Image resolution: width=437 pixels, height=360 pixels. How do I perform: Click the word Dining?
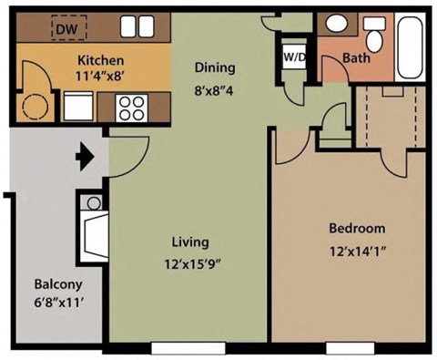(x=214, y=67)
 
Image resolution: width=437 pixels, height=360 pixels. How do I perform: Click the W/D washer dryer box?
(x=293, y=57)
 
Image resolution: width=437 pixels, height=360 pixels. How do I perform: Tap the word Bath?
(x=355, y=60)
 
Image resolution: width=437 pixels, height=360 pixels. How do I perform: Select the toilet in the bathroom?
(x=374, y=35)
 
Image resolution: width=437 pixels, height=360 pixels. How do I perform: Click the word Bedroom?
(x=356, y=228)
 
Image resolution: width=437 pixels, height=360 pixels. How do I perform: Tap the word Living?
(x=190, y=242)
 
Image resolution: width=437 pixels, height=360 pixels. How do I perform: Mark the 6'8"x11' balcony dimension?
(x=56, y=303)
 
